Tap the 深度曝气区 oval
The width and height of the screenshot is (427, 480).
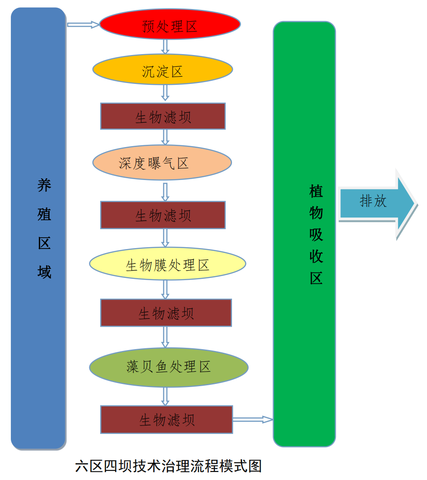click(x=162, y=162)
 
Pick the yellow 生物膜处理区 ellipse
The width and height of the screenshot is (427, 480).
click(x=167, y=264)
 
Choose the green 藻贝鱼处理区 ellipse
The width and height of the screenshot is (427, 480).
click(x=169, y=367)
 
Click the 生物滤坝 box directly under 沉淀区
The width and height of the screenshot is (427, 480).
click(x=162, y=116)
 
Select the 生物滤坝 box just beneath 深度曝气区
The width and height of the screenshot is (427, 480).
click(x=162, y=215)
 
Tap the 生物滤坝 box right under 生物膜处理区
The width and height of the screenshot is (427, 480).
click(x=166, y=313)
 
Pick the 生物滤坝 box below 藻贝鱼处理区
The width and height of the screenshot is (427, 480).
click(x=166, y=420)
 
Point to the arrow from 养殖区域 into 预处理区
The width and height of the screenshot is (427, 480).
click(x=83, y=25)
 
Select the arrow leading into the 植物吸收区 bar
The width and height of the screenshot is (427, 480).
click(x=253, y=420)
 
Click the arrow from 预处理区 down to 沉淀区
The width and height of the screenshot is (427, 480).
click(x=165, y=46)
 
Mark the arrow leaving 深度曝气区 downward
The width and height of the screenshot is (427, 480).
click(x=165, y=191)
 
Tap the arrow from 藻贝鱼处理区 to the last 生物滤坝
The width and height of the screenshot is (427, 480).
click(x=165, y=397)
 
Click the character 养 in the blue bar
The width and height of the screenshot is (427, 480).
click(x=44, y=185)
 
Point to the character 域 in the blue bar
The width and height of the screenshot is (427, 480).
click(x=44, y=272)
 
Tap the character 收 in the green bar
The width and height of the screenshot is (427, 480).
click(x=316, y=256)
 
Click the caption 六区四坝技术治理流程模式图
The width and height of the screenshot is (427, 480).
click(x=168, y=466)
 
